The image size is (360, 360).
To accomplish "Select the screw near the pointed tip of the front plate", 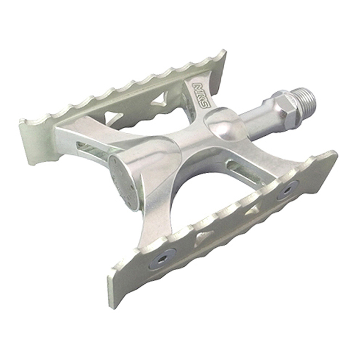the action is [288, 189].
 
